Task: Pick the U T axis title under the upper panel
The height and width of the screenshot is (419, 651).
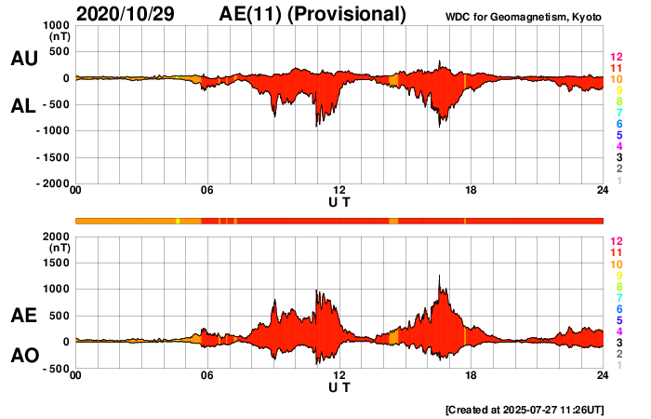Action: point(339,201)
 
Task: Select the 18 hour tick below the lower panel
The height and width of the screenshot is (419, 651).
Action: point(471,375)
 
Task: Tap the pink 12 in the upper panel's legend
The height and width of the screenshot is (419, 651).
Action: point(615,57)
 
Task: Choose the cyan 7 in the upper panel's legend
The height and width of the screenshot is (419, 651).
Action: point(615,113)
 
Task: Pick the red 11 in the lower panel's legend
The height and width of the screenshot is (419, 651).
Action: point(615,252)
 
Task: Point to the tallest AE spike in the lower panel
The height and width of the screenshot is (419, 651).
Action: point(439,277)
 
